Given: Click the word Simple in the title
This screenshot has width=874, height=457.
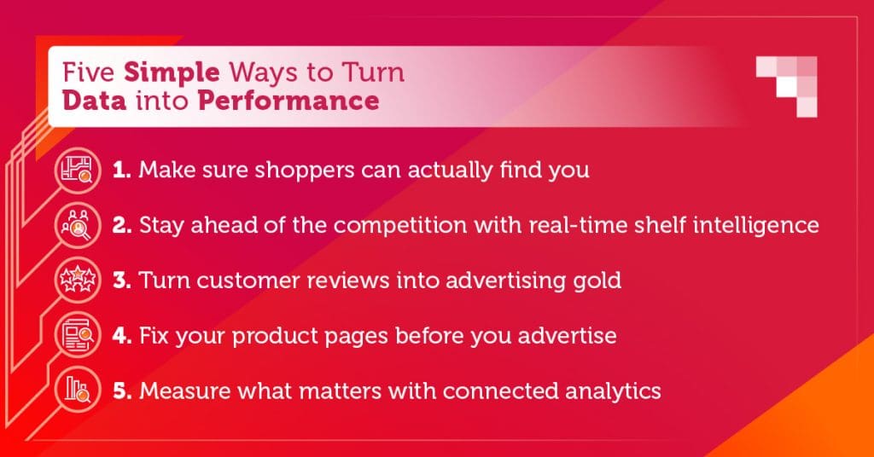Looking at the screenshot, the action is coord(172,73).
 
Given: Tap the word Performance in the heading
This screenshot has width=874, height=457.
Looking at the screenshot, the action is coord(288,101).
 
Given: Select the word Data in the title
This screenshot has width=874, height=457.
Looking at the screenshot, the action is coord(94,101).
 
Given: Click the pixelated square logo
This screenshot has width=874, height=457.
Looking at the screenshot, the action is coord(786,86).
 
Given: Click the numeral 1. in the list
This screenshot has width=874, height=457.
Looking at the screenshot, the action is coord(121,170).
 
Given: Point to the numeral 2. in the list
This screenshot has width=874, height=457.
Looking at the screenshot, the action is coord(122,225).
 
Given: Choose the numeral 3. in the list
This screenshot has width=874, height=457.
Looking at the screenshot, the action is coord(122,280).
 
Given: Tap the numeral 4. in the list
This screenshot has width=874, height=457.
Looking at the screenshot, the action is coord(122,336).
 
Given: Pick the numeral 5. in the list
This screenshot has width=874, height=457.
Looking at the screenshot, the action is coord(122,390).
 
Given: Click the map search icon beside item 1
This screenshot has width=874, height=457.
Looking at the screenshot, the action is coord(78,170).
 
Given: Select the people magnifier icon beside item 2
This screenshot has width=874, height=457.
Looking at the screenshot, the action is coord(78,225).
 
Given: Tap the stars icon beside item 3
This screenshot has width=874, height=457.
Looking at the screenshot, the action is coord(78,280).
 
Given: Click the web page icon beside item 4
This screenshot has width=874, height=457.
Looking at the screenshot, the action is coord(78,335).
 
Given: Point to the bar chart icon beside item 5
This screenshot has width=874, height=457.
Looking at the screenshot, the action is coord(78,390).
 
